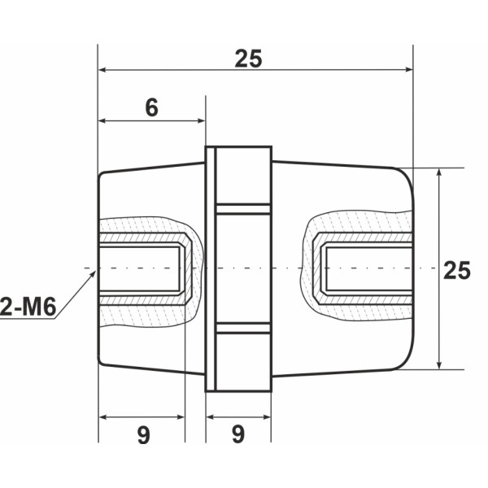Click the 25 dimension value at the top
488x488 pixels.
(249, 59)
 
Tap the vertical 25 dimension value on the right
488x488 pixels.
(457, 271)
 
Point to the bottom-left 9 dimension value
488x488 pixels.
(143, 435)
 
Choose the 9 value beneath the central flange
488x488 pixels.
(237, 435)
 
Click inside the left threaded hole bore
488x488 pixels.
(140, 268)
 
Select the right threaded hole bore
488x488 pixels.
(366, 268)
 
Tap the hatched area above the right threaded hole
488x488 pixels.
(358, 224)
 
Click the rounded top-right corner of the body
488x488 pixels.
(405, 174)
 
